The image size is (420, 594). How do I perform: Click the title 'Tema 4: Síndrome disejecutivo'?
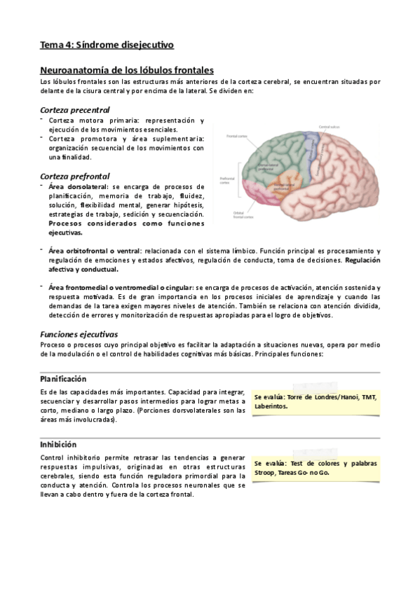[x=107, y=46]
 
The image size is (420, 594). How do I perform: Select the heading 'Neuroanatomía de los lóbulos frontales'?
[x=127, y=71]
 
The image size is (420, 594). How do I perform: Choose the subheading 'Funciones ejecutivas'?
[x=79, y=333]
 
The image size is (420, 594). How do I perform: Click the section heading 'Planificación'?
[x=63, y=378]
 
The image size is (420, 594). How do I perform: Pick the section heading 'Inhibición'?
[x=58, y=444]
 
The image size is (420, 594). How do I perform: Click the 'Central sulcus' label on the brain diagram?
[x=329, y=127]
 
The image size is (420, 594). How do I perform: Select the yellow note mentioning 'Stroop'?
[x=315, y=467]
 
